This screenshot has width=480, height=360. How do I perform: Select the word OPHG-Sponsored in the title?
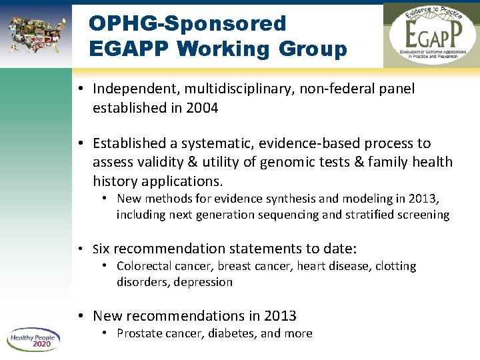coord(187,23)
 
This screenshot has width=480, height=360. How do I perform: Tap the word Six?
coord(101,249)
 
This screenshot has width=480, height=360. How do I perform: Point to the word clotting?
coord(396,266)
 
